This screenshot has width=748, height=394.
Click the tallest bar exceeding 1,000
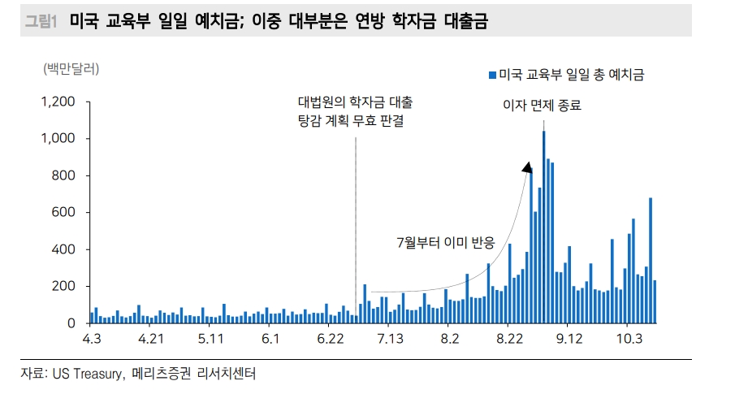click(x=543, y=227)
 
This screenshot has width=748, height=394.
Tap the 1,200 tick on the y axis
click(x=58, y=102)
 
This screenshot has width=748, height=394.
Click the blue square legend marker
click(x=491, y=75)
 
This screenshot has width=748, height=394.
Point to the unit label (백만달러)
click(x=71, y=68)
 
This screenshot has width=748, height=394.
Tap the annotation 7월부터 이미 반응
click(x=445, y=241)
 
